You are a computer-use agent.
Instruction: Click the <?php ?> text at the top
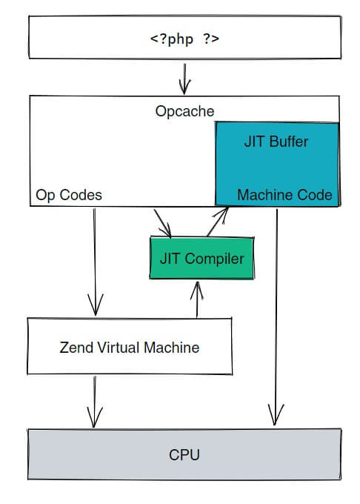tap(184, 39)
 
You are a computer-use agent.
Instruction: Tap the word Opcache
tap(184, 111)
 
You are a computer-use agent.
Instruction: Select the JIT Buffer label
tap(276, 142)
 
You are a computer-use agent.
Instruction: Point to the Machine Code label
tap(284, 195)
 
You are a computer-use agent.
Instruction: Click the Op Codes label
tap(69, 195)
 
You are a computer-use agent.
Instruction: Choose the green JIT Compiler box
tap(202, 258)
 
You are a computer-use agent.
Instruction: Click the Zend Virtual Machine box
tap(130, 346)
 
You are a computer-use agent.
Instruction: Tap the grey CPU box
tap(184, 454)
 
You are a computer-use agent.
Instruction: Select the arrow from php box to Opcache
tap(184, 79)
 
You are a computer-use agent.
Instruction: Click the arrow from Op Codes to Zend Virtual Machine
tap(95, 262)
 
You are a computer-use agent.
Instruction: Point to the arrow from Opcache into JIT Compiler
tap(162, 223)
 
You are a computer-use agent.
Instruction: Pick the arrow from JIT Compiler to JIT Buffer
tap(218, 222)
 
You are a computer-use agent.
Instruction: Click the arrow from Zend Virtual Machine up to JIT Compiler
tap(197, 300)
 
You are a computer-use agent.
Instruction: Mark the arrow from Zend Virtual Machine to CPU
tap(94, 402)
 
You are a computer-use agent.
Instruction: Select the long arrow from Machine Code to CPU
tap(276, 317)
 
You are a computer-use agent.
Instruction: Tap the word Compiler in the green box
tap(215, 259)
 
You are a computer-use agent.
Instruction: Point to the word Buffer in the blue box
tap(289, 142)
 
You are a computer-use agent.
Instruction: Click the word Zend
tap(76, 348)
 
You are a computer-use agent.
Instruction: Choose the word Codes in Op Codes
tap(81, 195)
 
